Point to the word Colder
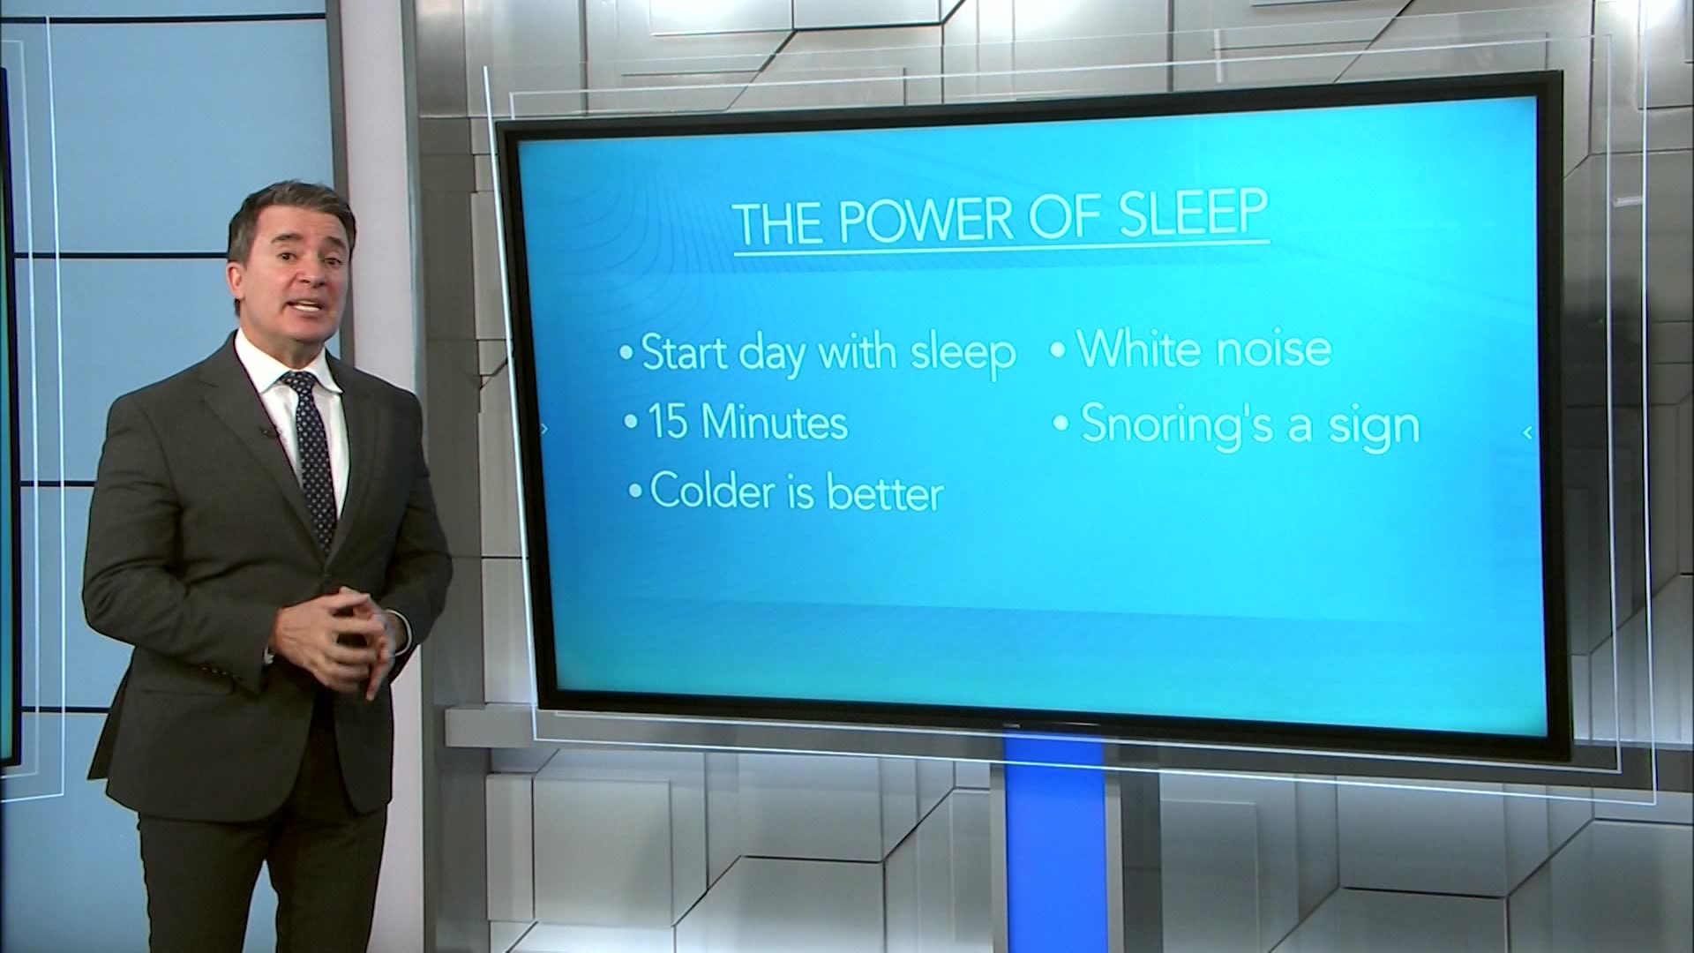pyautogui.click(x=713, y=492)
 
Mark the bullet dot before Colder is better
pyautogui.click(x=635, y=492)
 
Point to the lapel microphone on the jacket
pyautogui.click(x=266, y=431)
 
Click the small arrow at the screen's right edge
pyautogui.click(x=1527, y=432)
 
